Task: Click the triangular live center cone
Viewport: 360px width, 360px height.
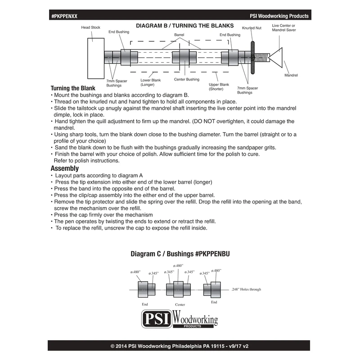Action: (275, 57)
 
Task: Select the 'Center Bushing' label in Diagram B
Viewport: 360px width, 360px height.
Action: (186, 80)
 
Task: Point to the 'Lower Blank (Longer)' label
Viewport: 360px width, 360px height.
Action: (150, 82)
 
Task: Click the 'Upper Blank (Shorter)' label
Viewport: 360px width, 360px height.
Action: (219, 86)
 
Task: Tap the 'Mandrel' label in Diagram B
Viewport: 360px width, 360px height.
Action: (291, 75)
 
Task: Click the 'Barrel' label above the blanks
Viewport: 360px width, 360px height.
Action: (180, 35)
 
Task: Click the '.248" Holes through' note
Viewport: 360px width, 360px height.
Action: (246, 289)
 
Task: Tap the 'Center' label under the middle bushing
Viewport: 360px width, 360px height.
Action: (180, 305)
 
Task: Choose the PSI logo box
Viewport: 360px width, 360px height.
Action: (157, 320)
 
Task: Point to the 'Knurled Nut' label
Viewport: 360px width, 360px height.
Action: (251, 28)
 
